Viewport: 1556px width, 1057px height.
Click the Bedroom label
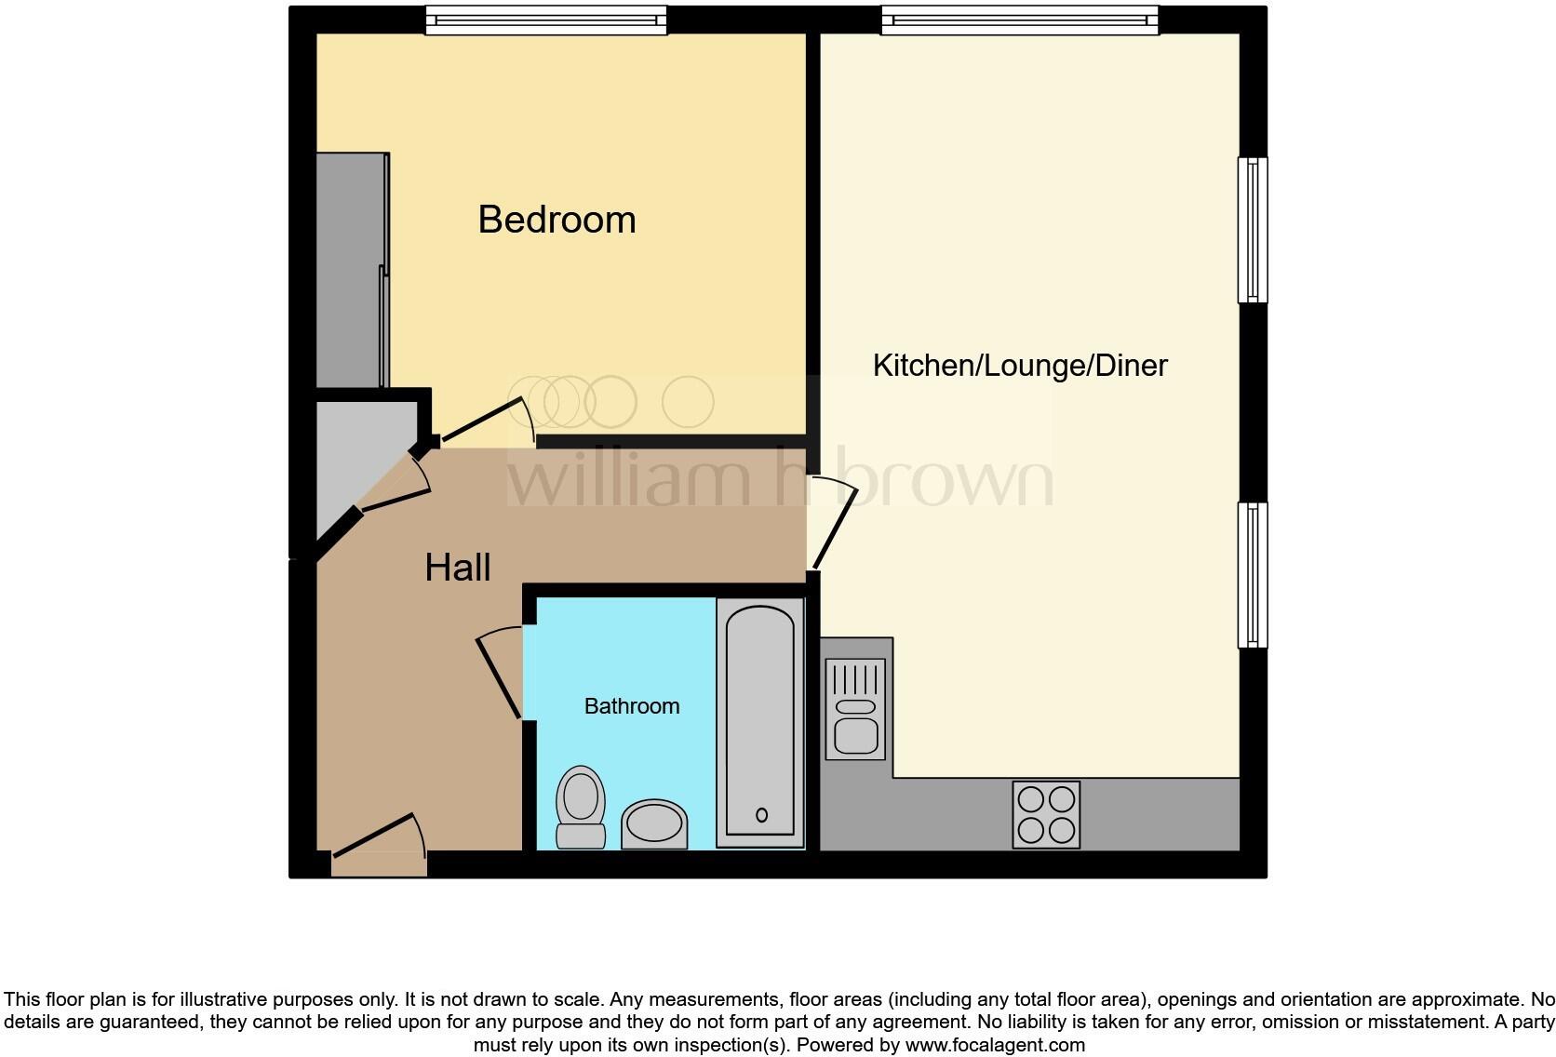557,220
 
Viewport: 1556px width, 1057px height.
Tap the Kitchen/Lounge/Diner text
1020,365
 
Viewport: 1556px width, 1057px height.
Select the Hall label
457,568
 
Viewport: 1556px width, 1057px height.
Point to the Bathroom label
631,706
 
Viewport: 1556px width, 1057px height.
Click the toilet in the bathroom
581,807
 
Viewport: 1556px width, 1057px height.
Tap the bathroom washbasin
654,823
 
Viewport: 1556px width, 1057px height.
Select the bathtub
760,723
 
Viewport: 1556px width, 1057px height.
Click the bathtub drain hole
761,815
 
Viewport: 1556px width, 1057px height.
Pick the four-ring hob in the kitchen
1046,814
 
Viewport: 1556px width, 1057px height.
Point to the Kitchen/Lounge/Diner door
836,528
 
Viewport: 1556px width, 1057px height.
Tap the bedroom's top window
546,20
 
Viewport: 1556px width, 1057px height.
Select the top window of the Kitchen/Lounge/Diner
1019,20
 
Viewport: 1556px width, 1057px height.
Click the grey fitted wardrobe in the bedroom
352,270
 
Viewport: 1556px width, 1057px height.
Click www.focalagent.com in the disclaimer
995,1045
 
